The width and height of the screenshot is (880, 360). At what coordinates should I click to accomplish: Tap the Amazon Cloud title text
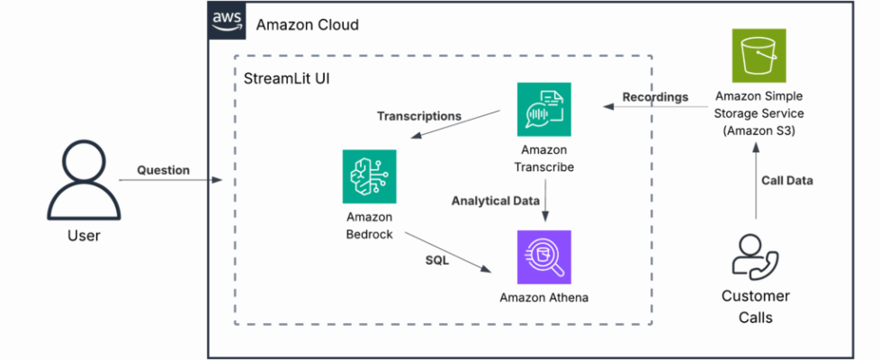coord(307,24)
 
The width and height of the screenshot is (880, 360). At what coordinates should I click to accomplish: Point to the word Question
coord(163,169)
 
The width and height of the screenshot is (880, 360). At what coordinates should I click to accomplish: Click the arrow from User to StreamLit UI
coord(171,181)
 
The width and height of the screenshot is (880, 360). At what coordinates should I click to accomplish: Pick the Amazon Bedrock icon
coord(369,176)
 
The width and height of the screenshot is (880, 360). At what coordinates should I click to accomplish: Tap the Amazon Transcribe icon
coord(543,109)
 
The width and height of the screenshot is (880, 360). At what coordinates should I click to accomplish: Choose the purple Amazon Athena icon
coord(543,256)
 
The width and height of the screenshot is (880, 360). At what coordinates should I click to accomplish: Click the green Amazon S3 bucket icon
coord(759,55)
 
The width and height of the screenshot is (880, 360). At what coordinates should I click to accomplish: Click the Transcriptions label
coord(418,116)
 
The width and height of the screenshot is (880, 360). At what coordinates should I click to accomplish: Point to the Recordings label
coord(655,96)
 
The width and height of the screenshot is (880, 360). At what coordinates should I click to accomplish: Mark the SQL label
coord(437,260)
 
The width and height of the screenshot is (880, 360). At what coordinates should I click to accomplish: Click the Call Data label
coord(786,180)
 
